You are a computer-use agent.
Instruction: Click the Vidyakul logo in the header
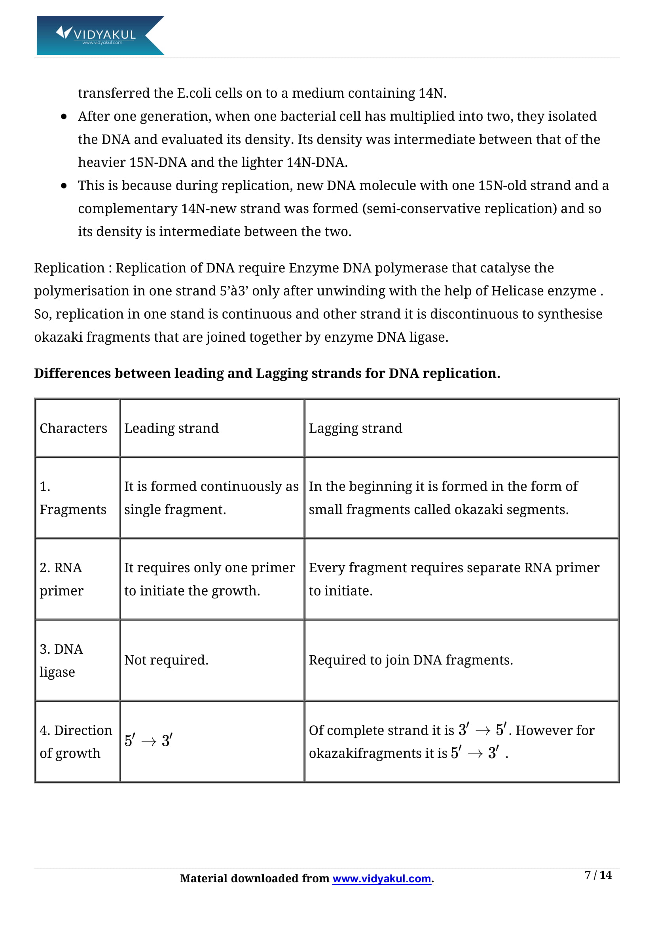(x=100, y=35)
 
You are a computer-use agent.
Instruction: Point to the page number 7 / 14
(x=597, y=875)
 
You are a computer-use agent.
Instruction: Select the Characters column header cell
(x=73, y=428)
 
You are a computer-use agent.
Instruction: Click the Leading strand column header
(x=171, y=428)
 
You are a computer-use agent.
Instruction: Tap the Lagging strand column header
(x=355, y=428)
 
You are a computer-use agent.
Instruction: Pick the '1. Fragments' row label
(x=73, y=498)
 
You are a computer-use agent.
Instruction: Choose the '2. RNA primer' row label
(x=61, y=579)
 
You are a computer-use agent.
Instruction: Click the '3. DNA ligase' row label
(x=61, y=660)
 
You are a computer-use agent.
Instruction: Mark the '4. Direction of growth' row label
(x=75, y=741)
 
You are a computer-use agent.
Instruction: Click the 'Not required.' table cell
(x=166, y=660)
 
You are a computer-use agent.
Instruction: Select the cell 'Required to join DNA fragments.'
(x=411, y=660)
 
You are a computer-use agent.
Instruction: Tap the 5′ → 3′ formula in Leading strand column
(x=148, y=740)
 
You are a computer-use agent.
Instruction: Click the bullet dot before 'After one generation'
(x=64, y=117)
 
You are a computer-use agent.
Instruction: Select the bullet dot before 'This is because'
(x=64, y=186)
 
